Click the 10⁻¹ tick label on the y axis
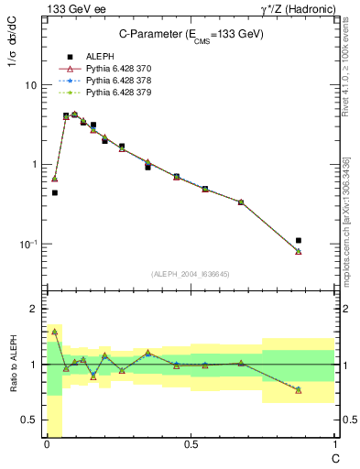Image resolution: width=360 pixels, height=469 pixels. click(x=27, y=244)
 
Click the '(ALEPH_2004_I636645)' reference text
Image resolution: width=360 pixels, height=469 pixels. click(x=191, y=274)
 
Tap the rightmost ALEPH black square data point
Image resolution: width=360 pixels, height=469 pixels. click(x=299, y=241)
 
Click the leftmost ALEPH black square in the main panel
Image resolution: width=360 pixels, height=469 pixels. click(x=55, y=192)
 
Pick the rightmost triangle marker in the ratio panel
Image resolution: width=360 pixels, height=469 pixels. click(x=299, y=390)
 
